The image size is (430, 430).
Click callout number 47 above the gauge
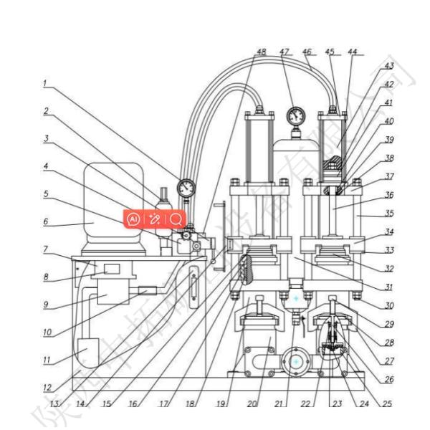click(x=285, y=52)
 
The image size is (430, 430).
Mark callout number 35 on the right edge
click(x=390, y=214)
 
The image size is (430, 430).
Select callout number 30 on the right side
click(x=390, y=305)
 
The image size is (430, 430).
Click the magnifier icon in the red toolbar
click(x=176, y=218)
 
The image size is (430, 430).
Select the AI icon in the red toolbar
click(x=133, y=218)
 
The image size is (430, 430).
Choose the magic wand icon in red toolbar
click(x=154, y=218)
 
